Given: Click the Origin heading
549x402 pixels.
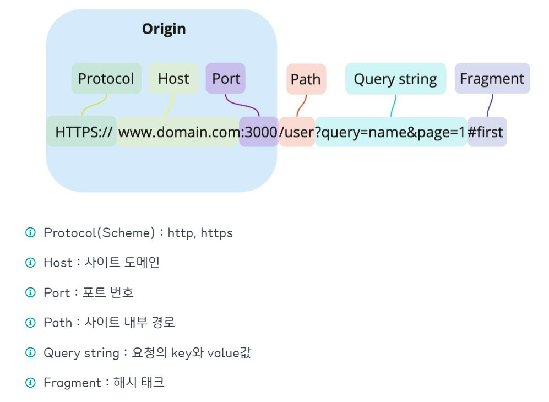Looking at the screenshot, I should click(164, 29).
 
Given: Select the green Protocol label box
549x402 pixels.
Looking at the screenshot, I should click(106, 78).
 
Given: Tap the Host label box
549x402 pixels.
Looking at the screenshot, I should click(173, 78).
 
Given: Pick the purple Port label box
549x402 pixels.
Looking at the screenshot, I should click(226, 78).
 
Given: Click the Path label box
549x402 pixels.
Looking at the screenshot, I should click(306, 79).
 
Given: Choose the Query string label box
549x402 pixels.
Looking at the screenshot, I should click(395, 79).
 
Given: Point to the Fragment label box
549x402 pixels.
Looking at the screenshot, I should click(492, 78).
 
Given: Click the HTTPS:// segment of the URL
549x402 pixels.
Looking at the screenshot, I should click(83, 132).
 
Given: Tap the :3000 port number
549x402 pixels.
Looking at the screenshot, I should click(259, 132).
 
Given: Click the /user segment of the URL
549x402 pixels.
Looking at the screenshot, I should click(297, 132).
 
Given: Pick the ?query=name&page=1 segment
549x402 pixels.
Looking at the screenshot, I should click(391, 132).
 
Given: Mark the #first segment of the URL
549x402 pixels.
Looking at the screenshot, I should click(486, 132).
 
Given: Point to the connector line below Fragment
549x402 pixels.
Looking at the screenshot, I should click(490, 105).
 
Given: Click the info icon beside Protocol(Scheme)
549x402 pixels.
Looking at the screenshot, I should click(31, 233).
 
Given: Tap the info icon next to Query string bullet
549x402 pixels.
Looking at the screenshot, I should click(31, 352).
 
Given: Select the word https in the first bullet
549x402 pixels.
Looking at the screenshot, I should click(216, 233).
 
